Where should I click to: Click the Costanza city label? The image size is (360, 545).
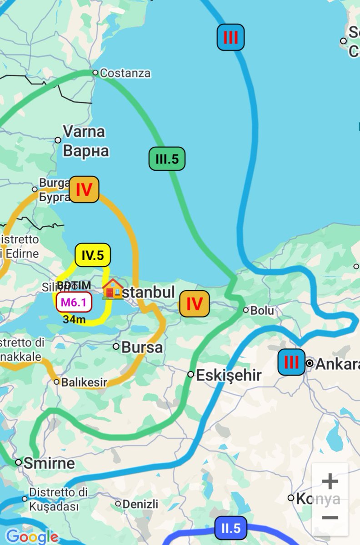point(125,73)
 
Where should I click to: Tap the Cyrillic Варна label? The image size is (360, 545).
point(86,151)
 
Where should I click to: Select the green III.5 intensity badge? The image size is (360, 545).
point(167,159)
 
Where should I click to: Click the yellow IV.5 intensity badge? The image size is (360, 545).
point(93,256)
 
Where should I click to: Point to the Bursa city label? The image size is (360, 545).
point(142,347)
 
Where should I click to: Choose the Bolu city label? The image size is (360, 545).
point(263,311)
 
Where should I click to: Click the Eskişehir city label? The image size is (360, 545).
point(229,375)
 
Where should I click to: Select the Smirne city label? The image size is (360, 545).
point(49,463)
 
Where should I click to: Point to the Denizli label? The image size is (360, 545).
point(140,504)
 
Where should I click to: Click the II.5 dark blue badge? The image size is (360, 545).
point(231,528)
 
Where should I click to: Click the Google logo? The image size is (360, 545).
point(32,536)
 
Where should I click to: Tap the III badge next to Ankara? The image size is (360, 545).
point(291,362)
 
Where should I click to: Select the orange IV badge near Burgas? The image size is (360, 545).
point(84,189)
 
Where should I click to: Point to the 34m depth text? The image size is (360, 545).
point(74,320)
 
